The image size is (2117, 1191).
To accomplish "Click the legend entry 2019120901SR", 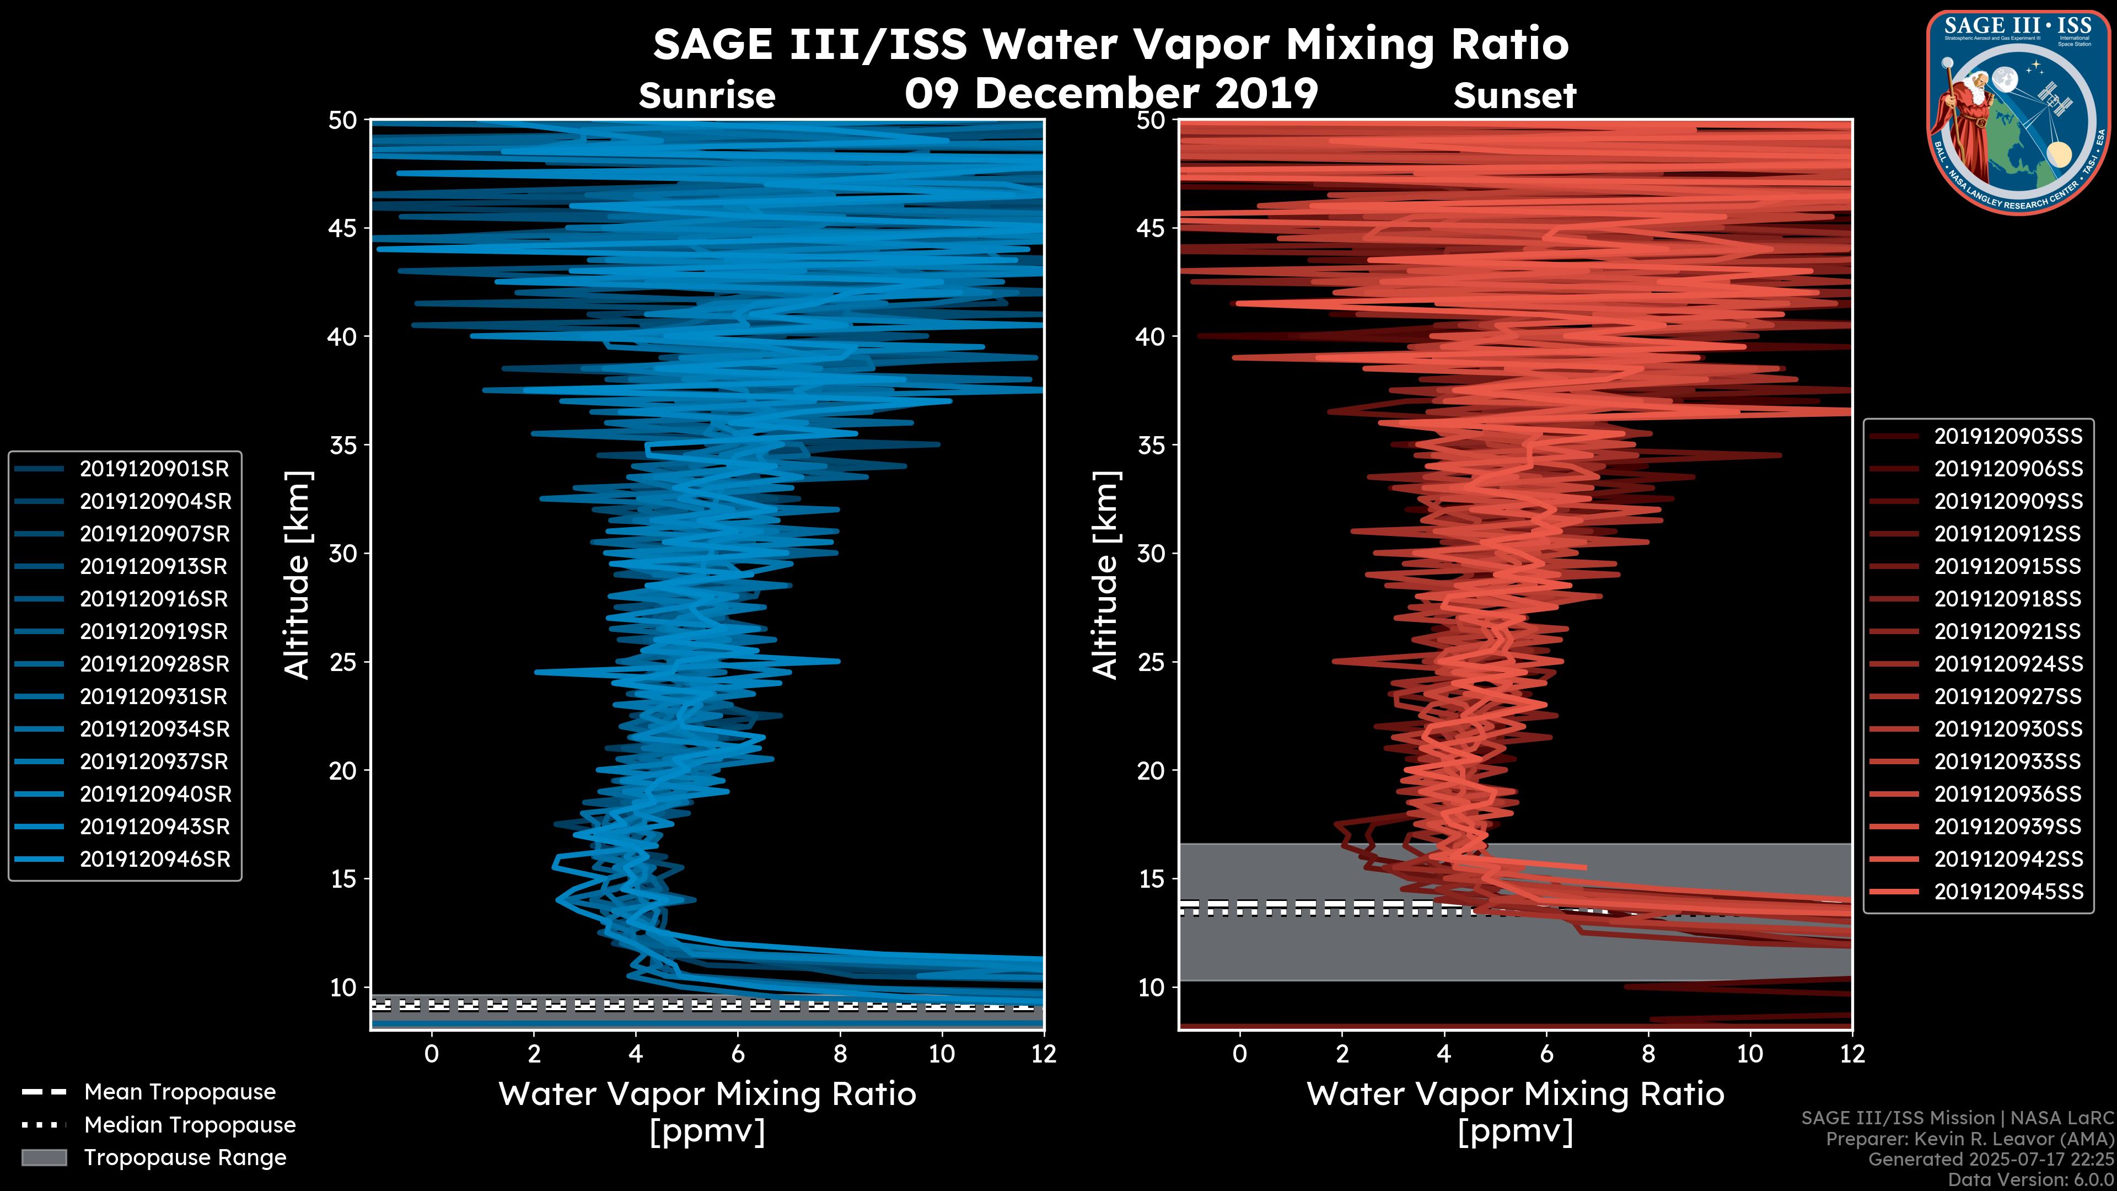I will click(x=154, y=469).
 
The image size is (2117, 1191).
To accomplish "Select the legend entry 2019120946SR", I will click(x=154, y=860).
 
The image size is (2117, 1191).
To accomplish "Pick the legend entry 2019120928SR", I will click(x=154, y=664).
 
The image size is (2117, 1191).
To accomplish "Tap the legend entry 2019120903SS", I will click(x=2008, y=437).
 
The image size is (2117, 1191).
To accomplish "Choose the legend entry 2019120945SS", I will click(x=2008, y=892).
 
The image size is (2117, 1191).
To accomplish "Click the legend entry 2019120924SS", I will click(x=2008, y=664).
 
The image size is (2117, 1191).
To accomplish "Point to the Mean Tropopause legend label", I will click(x=180, y=1092).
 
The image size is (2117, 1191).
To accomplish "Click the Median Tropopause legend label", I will click(x=190, y=1125).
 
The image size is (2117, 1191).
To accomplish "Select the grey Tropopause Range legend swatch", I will click(x=44, y=1157).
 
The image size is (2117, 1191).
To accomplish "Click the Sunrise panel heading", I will click(x=707, y=96).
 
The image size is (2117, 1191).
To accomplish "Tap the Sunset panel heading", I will click(x=1514, y=96).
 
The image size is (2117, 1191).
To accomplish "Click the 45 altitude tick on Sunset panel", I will click(x=1151, y=228).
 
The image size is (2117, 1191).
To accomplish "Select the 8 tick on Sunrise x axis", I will click(x=839, y=1054).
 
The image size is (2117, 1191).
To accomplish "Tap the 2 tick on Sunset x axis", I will click(x=1342, y=1054).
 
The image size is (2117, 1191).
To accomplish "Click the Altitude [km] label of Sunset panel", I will click(x=1106, y=575).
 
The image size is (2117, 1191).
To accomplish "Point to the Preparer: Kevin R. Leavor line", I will click(x=1970, y=1139).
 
